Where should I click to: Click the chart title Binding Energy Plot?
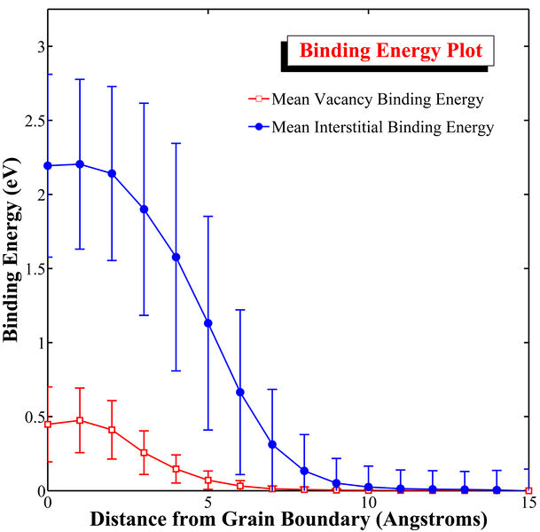[390, 51]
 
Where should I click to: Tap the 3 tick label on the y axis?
[36, 46]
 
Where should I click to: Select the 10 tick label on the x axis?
[368, 501]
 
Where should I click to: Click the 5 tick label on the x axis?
[208, 501]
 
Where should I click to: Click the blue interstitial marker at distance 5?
[208, 323]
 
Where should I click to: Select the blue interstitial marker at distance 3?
[144, 209]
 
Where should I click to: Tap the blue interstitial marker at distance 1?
[80, 164]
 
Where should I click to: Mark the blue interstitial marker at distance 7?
[272, 444]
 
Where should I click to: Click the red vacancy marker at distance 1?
[80, 420]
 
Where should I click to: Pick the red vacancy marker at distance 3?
[144, 453]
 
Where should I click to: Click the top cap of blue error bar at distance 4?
[176, 143]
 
